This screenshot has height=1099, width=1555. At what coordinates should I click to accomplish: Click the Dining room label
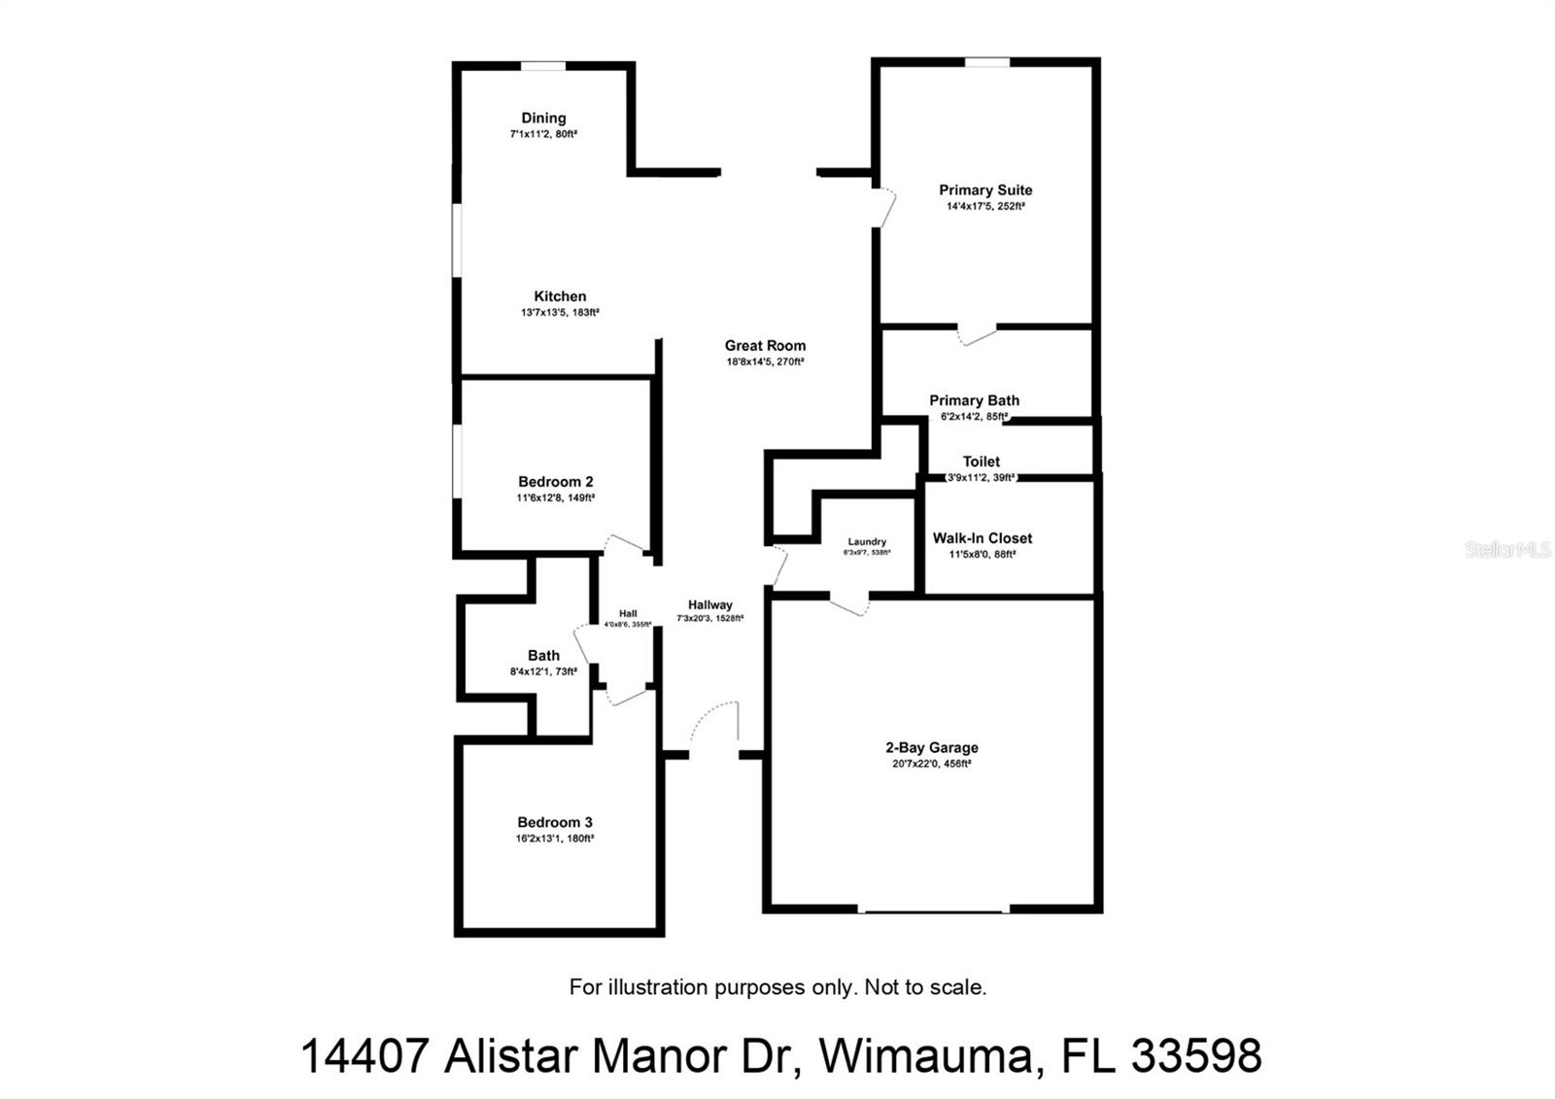tap(543, 119)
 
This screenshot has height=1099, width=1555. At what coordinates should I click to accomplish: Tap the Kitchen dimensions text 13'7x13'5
tap(560, 313)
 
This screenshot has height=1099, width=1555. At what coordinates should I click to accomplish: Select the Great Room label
tap(765, 346)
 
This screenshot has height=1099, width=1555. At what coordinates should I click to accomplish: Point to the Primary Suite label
tap(985, 190)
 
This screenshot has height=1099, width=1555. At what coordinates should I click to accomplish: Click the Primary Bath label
tap(974, 400)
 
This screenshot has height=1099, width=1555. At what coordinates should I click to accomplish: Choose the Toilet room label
tap(981, 462)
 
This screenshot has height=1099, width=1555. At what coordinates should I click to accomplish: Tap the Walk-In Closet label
tap(983, 538)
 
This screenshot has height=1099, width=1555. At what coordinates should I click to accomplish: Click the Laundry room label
tap(867, 542)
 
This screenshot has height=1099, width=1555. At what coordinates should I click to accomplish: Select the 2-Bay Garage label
tap(931, 747)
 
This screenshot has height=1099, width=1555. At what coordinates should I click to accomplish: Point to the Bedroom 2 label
tap(555, 482)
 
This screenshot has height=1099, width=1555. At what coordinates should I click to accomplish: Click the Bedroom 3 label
tap(554, 822)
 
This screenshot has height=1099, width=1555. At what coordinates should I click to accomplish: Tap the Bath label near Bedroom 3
tap(543, 656)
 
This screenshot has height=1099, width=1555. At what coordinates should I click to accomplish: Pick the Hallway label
tap(709, 604)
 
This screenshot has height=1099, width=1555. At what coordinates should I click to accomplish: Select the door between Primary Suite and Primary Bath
tap(977, 334)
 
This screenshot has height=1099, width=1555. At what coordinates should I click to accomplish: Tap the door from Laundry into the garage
tap(848, 604)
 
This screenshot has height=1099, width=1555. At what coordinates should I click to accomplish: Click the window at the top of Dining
tap(542, 66)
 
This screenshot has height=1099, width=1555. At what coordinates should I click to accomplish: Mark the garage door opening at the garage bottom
tap(933, 910)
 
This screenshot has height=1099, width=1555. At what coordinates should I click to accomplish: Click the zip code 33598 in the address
tap(1196, 1055)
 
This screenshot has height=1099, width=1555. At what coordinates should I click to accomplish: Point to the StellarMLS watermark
tap(1507, 550)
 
